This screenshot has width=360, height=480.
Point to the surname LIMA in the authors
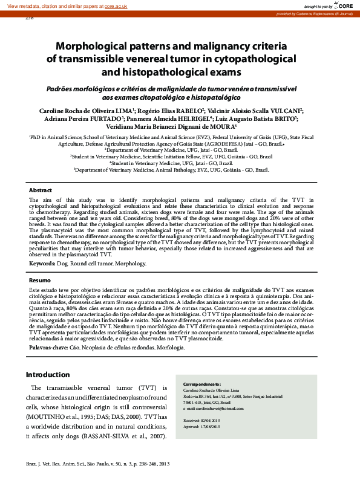tap(123, 111)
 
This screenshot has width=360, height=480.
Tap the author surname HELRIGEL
tap(188, 119)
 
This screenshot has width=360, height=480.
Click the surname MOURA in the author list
tap(221, 127)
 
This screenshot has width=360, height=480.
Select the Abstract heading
tap(41, 190)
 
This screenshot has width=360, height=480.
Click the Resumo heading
tap(41, 281)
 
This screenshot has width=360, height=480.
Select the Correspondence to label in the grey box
tap(201, 384)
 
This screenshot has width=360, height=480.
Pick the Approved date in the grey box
tap(212, 427)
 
